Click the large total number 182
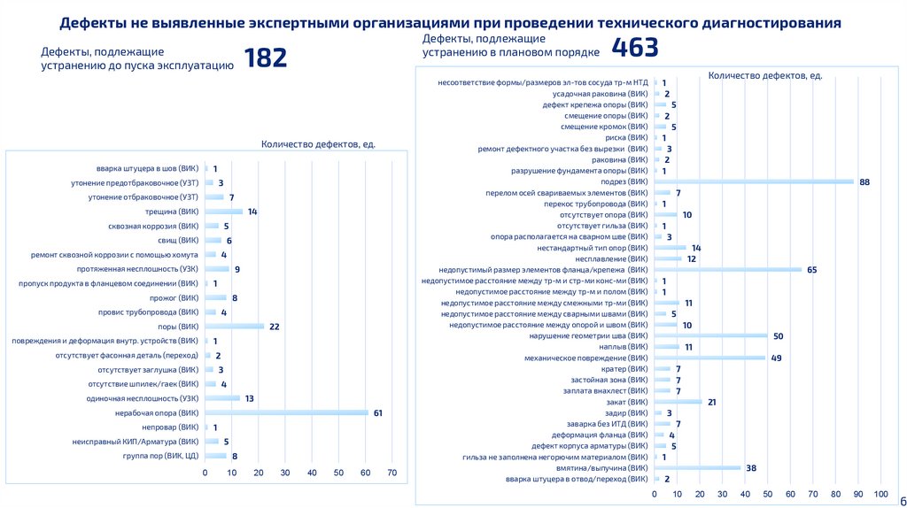265,58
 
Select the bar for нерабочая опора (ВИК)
286,412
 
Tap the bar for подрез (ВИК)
753,181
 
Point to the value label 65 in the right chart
811,269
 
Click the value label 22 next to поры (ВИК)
275,327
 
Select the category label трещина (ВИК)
172,212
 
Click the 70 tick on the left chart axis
391,473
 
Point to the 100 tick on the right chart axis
880,493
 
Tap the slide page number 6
902,499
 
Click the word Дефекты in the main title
96,22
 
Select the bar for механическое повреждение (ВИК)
709,358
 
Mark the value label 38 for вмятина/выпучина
750,467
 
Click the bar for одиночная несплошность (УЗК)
222,398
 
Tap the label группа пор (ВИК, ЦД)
160,456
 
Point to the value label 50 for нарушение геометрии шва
778,335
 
